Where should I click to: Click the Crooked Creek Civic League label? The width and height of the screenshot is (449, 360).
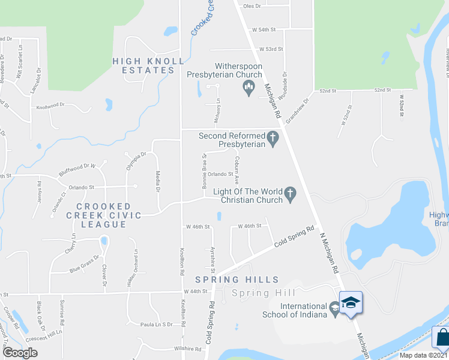coord(104,215)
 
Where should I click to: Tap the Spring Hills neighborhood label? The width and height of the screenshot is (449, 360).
coord(237,280)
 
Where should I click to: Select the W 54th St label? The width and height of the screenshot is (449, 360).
coord(264,29)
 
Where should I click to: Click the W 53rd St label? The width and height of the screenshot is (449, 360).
coord(271,49)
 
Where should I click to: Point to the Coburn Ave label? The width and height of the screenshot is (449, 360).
coord(238,170)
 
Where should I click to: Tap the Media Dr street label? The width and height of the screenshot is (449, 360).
coord(158,181)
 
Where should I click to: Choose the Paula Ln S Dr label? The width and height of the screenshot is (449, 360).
coord(157,325)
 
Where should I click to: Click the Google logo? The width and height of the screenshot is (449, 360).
coord(20,353)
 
